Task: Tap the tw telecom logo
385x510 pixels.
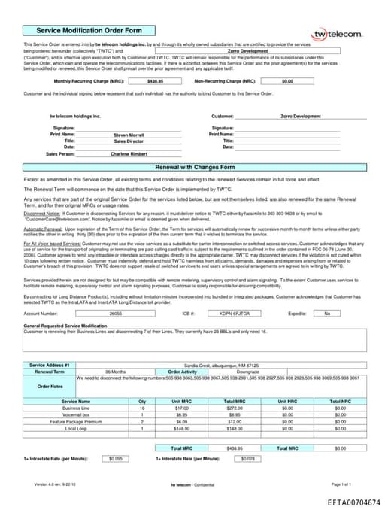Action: point(337,35)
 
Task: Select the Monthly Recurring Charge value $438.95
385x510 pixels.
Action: point(155,80)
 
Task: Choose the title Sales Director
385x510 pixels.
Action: point(129,141)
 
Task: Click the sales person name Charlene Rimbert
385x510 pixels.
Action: point(129,153)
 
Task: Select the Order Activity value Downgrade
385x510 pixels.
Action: point(247,372)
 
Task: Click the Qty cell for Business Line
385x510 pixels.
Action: point(141,408)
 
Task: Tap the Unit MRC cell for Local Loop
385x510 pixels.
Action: point(181,429)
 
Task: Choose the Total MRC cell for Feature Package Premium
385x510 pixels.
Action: point(235,422)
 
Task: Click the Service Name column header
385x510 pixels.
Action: point(76,401)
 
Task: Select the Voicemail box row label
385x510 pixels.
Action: point(76,414)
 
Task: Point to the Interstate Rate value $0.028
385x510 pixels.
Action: point(250,458)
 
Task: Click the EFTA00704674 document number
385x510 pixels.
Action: point(353,500)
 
